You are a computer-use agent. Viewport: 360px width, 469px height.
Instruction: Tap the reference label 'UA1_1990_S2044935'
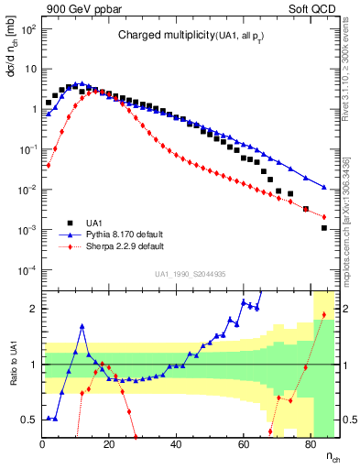(190, 274)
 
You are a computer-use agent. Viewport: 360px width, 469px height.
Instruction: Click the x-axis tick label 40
(177, 445)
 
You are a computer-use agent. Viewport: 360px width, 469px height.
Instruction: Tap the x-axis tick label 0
(43, 445)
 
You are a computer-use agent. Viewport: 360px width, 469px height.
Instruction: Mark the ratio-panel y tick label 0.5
(29, 420)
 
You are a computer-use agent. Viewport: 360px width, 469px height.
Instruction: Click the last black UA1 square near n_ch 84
(324, 228)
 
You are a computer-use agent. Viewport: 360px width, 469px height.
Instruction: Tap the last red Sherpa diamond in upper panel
(324, 217)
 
